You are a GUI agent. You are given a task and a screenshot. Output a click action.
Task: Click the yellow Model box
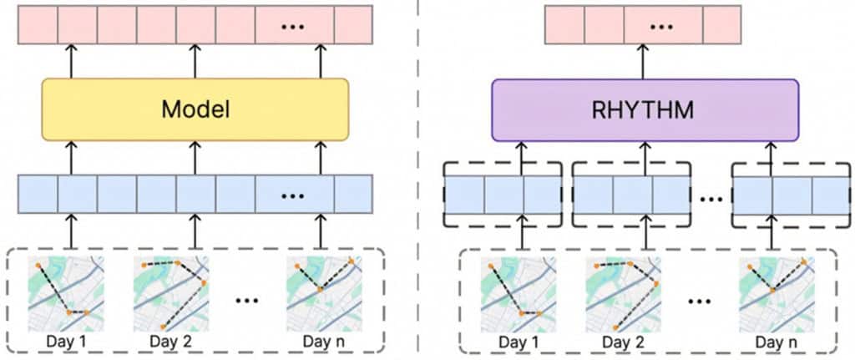[195, 109]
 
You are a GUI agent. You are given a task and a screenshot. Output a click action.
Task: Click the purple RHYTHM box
[645, 109]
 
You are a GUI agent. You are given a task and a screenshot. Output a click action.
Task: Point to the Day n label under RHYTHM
[776, 342]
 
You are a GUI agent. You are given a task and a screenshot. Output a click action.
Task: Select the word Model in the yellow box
[195, 109]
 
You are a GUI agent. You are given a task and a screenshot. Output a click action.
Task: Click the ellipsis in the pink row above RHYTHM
[661, 25]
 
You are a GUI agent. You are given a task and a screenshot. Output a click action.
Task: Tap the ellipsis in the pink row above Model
[293, 25]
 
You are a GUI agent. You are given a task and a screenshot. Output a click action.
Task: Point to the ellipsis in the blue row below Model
[293, 195]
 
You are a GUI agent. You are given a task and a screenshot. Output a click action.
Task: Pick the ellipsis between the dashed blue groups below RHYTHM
[711, 199]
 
